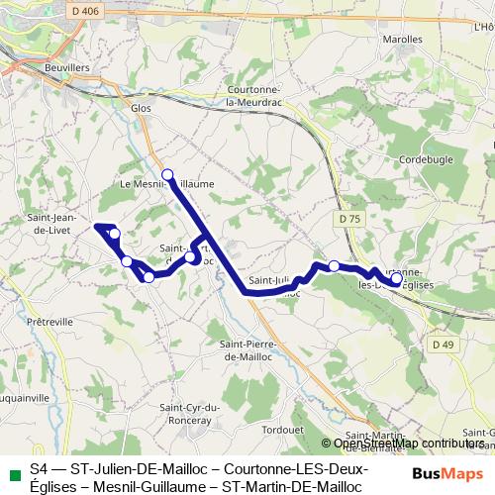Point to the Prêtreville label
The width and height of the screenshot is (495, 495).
point(50,322)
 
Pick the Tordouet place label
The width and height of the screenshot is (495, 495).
point(283,430)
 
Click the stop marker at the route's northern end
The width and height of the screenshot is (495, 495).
point(167,174)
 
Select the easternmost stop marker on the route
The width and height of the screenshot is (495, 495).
point(396,279)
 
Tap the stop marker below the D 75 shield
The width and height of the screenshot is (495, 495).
point(335,265)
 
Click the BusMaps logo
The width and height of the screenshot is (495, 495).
point(449,472)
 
